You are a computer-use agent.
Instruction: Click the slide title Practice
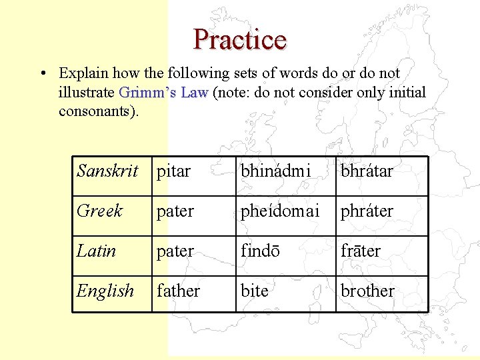[x=240, y=39]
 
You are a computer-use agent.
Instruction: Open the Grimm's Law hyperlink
[x=163, y=92]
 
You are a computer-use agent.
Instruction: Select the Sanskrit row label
[x=107, y=171]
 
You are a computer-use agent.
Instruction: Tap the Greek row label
[x=100, y=211]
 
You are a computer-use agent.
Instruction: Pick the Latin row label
[x=97, y=251]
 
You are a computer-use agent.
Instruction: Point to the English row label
[x=105, y=291]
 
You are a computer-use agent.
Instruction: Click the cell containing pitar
[x=173, y=171]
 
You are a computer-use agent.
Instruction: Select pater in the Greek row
[x=175, y=211]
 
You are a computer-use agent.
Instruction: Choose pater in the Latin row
[x=175, y=251]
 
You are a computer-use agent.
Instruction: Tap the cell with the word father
[x=178, y=291]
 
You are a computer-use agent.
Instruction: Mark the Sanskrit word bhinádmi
[x=275, y=171]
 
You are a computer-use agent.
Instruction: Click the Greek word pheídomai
[x=281, y=211]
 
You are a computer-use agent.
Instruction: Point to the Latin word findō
[x=261, y=251]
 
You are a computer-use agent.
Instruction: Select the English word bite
[x=254, y=291]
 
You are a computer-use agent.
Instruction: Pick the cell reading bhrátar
[x=367, y=171]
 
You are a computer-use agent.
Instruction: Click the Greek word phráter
[x=367, y=211]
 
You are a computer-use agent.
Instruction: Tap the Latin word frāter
[x=361, y=251]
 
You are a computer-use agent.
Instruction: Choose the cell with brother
[x=367, y=291]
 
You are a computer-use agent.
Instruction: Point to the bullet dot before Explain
[x=42, y=73]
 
